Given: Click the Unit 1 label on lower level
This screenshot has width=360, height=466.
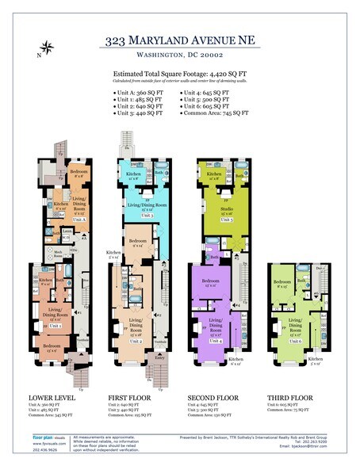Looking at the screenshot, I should (x=56, y=325).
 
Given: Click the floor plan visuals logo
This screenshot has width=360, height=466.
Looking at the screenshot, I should (x=48, y=437).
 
